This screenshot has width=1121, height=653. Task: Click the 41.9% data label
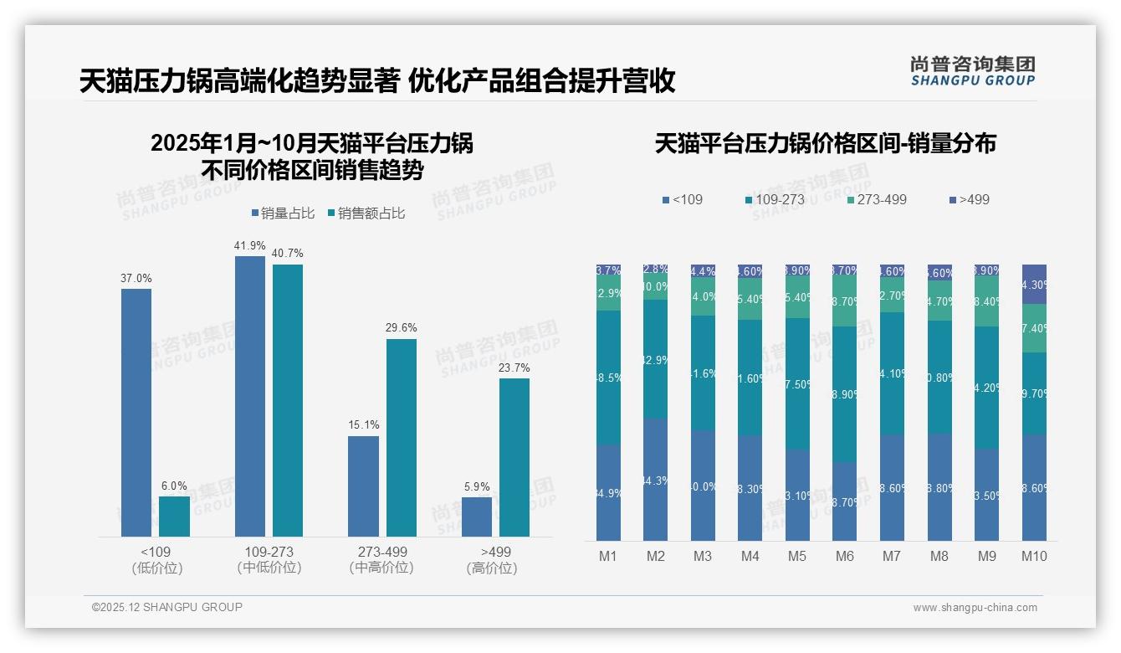click(x=250, y=245)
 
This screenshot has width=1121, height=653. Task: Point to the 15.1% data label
click(x=364, y=425)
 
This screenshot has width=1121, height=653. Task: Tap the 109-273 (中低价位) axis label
click(x=269, y=559)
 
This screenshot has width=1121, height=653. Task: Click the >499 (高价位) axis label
click(x=496, y=559)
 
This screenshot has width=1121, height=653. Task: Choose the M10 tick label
click(x=1034, y=556)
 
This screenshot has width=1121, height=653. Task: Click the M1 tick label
click(x=608, y=556)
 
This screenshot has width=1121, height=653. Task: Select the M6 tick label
click(x=845, y=556)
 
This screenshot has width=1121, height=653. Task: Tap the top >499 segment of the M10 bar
click(x=1034, y=284)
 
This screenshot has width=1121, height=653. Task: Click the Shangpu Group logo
click(x=972, y=70)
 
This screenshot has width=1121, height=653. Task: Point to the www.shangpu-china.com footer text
click(x=975, y=608)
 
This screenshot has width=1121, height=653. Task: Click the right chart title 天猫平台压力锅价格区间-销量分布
click(x=825, y=143)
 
